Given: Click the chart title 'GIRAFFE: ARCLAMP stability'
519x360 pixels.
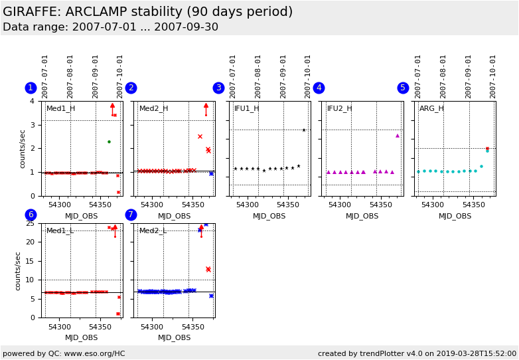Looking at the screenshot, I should coord(147,12).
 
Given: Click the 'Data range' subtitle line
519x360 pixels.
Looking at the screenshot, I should coord(110,27).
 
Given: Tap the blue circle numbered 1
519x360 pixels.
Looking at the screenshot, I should coord(31,88).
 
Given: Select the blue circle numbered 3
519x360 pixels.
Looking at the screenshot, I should coord(218,88).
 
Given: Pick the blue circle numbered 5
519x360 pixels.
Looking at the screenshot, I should coord(403,88).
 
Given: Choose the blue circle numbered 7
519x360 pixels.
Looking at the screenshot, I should coord(131,215).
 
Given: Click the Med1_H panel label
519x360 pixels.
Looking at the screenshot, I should coord(60,108).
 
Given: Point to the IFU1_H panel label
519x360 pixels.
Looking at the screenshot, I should coord(246,108).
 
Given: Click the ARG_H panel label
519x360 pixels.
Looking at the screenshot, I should coord(431,108).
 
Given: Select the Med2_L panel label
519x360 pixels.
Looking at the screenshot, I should coord(153,230).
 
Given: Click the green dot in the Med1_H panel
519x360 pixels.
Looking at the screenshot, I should coord(109,141).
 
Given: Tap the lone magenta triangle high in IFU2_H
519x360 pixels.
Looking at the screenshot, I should coord(398,135).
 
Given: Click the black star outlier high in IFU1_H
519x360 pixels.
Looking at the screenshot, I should coord(304,130).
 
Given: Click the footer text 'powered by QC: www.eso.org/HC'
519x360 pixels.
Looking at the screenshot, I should coord(64,353).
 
